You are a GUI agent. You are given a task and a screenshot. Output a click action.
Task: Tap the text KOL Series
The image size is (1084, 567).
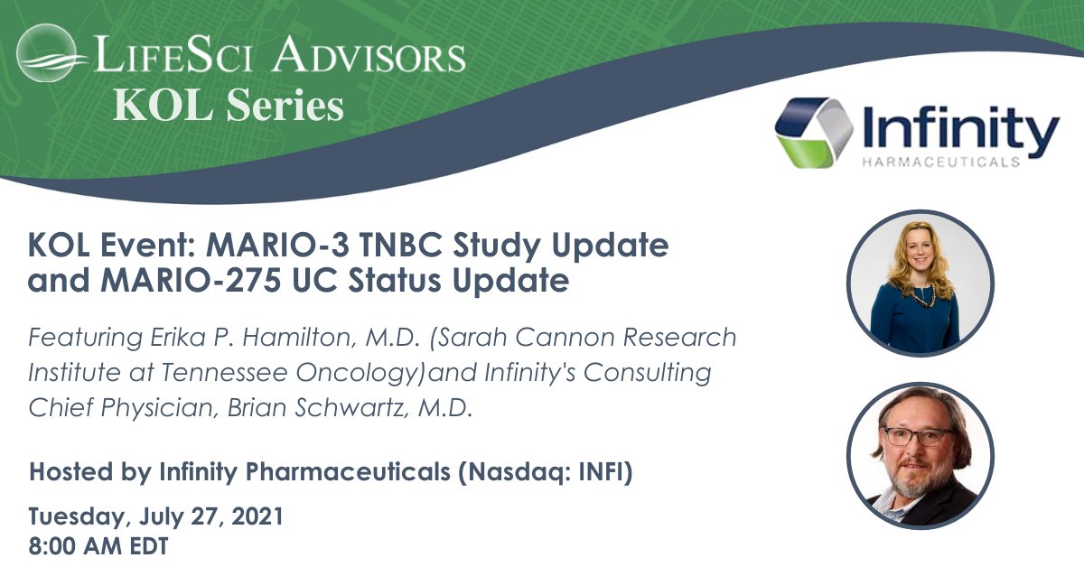pos(228,107)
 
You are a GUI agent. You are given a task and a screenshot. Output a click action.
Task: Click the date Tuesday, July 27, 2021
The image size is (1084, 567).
pos(155,517)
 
